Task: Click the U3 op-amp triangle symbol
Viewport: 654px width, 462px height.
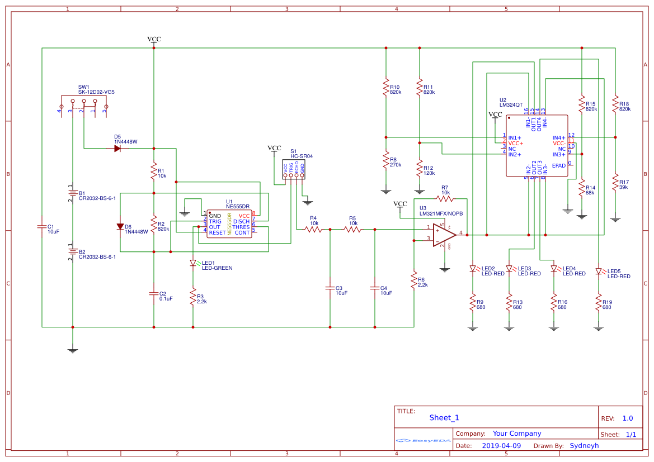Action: tap(444, 235)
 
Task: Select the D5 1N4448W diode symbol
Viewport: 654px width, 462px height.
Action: tap(117, 148)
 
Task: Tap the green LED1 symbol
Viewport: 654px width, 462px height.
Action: tap(193, 263)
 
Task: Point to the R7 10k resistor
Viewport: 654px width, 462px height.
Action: tap(444, 198)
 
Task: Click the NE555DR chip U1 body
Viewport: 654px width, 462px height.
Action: tap(229, 224)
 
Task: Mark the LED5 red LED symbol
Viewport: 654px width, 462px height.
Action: tap(599, 272)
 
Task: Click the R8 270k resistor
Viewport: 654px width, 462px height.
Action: tap(385, 161)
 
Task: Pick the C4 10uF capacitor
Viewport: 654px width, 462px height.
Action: tap(375, 288)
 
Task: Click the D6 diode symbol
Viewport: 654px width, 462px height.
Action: tap(120, 226)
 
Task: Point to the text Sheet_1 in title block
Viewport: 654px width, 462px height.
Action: tap(444, 417)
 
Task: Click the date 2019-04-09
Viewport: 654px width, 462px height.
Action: tap(501, 446)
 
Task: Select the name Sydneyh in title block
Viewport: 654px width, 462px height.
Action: tap(584, 446)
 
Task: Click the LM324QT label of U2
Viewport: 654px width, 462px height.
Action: tap(511, 104)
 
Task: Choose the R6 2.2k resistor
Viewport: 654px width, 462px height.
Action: tap(413, 279)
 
